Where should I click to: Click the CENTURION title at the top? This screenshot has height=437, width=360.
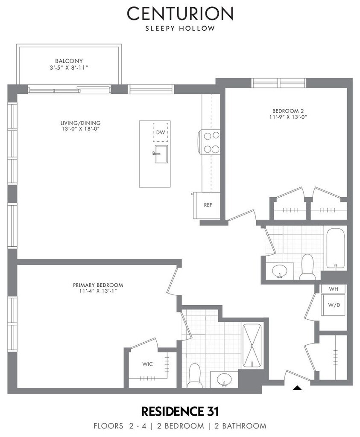[180, 13]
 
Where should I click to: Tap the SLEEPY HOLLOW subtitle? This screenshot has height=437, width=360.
[180, 29]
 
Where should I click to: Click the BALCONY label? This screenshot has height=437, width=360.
[69, 61]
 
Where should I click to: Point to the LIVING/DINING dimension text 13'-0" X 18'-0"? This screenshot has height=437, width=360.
[81, 129]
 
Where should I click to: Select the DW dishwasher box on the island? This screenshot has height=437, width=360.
[160, 132]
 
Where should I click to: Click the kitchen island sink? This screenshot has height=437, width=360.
[161, 154]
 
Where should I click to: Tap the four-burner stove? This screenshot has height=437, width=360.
[209, 143]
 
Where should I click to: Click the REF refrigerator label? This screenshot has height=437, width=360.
[208, 205]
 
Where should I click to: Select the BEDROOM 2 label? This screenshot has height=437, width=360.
[288, 111]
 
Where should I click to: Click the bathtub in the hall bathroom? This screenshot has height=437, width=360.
[335, 249]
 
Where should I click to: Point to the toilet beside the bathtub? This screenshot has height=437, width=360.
[307, 267]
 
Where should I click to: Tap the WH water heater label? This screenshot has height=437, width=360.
[334, 289]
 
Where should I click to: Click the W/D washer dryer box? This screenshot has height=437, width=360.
[334, 305]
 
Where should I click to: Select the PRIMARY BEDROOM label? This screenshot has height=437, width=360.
[98, 285]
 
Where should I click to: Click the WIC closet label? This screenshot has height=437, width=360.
[147, 364]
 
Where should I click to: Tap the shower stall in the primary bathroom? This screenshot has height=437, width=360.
[252, 346]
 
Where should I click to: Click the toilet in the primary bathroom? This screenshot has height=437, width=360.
[195, 376]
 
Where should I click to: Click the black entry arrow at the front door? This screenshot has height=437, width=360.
[298, 387]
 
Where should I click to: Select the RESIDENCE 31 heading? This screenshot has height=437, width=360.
[180, 411]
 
